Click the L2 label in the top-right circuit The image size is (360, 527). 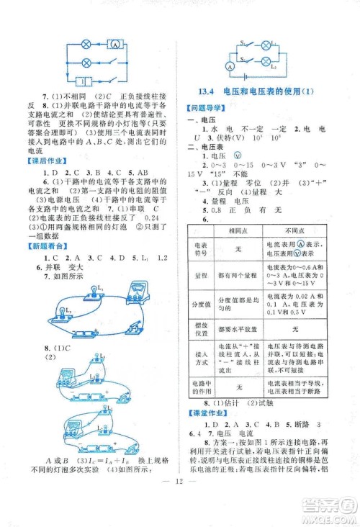[x=293, y=66]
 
